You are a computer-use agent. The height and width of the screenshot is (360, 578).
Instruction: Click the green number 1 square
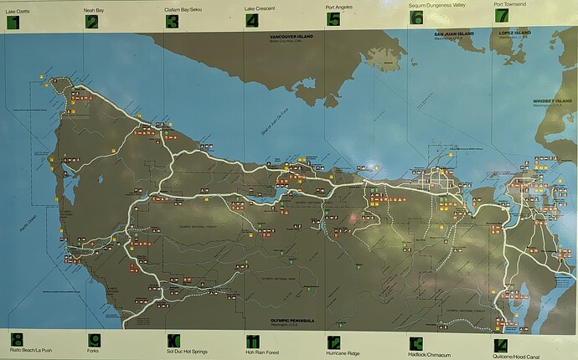pos(13,22)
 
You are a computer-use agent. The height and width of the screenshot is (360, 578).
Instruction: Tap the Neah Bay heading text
pos(94,9)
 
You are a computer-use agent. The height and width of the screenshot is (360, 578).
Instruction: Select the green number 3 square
pos(172,22)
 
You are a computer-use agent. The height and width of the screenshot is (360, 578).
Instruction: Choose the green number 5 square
pos(333,20)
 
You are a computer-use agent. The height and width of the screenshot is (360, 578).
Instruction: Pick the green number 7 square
pos(501,15)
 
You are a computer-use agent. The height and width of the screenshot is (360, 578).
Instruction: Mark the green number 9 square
pos(95,340)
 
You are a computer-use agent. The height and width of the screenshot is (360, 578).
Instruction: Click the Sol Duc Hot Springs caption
pos(187,350)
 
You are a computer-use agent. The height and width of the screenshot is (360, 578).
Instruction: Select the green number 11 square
pos(253,341)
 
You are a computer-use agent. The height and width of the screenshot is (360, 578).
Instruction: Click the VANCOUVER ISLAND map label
pos(290,38)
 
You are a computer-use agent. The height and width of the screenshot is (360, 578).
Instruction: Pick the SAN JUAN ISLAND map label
pos(453,34)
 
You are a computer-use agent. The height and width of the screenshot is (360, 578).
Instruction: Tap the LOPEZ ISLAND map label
pos(515,34)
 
